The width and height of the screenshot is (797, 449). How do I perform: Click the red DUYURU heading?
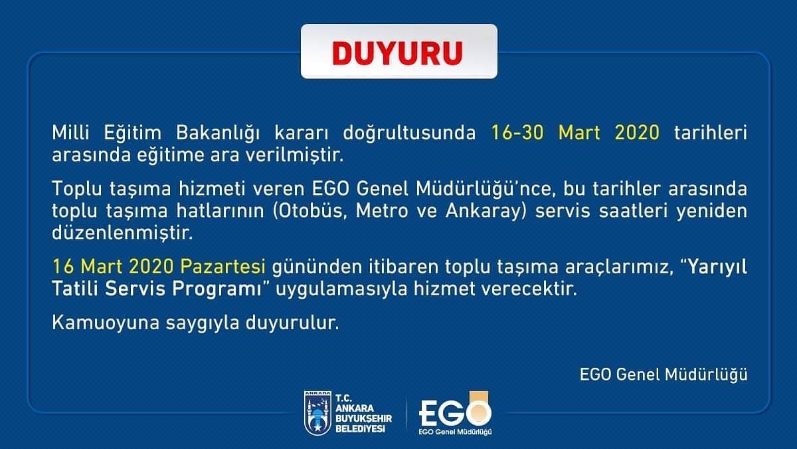click(x=397, y=53)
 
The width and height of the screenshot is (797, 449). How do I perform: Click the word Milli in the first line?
click(x=70, y=132)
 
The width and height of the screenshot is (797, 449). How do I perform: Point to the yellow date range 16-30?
click(x=517, y=132)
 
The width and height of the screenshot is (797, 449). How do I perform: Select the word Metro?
click(x=382, y=211)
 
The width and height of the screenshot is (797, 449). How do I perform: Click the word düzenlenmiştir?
click(x=122, y=233)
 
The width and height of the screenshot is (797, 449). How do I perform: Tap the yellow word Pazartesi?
click(x=222, y=267)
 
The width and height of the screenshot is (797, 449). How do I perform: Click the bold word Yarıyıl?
click(x=717, y=267)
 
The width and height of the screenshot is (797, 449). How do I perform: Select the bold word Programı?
click(x=217, y=289)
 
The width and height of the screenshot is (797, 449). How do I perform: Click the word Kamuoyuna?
click(x=106, y=323)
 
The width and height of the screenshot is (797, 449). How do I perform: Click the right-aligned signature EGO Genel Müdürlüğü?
click(x=664, y=375)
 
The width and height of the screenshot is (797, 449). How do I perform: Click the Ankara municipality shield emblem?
click(x=317, y=412)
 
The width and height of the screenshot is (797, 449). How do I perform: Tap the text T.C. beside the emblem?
click(x=343, y=398)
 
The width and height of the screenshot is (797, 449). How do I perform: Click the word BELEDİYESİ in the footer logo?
click(x=360, y=428)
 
